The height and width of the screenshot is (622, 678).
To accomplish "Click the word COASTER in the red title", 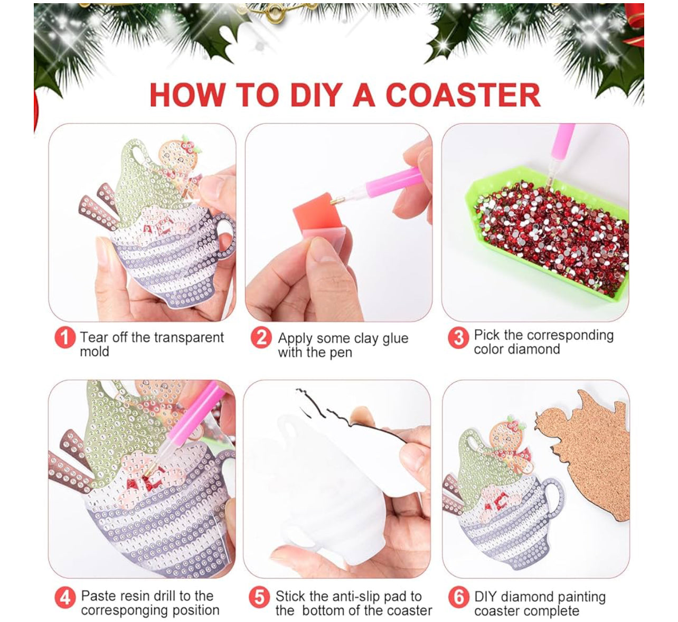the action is click(x=463, y=95).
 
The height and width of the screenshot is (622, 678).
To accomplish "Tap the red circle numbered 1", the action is click(x=65, y=337).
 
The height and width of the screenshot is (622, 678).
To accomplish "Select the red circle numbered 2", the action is click(x=261, y=337).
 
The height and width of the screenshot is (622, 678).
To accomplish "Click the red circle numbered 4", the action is click(x=65, y=598).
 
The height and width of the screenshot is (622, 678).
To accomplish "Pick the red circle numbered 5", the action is click(x=259, y=597).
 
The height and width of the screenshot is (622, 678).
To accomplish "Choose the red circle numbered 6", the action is click(x=459, y=597).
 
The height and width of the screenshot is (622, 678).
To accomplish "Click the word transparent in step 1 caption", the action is click(x=186, y=338).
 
